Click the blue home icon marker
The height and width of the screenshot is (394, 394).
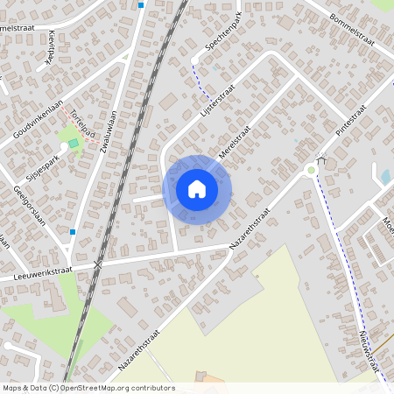[197, 189]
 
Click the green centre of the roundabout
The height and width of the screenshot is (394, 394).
[311, 170]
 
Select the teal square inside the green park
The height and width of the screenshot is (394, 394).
[73, 144]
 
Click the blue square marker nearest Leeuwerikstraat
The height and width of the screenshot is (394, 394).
[73, 232]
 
